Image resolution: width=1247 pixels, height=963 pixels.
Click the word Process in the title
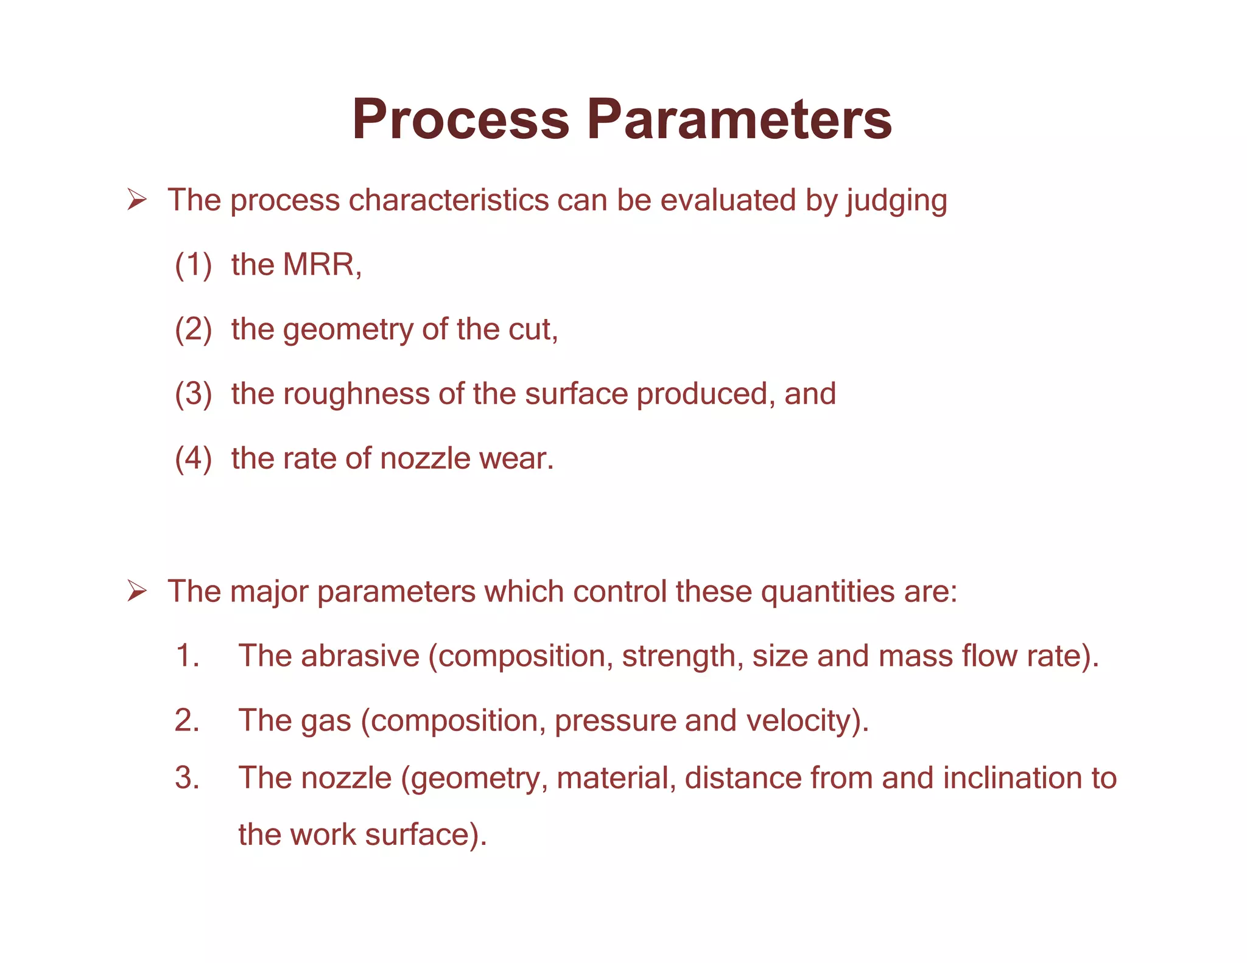460,119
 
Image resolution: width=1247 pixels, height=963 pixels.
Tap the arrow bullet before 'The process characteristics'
136,200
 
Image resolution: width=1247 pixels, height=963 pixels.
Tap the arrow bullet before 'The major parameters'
136,591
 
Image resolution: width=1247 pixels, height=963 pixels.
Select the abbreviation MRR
321,265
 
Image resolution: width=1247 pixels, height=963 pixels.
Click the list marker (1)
193,265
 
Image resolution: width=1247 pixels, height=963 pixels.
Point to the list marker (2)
193,329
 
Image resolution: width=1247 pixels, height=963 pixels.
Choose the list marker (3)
193,394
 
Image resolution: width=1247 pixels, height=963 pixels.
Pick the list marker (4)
193,458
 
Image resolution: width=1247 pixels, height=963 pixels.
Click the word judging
896,201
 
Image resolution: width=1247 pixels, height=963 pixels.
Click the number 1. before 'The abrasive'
188,656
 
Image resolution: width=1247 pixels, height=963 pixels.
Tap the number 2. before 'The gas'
188,721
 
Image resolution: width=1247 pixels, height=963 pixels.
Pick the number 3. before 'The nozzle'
188,778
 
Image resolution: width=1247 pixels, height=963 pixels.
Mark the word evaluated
728,200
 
